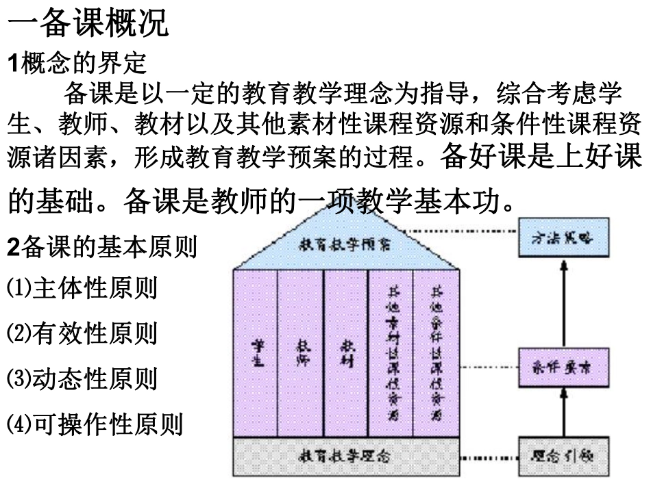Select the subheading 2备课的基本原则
click(x=101, y=247)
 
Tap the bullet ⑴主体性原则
click(x=82, y=288)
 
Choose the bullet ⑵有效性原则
click(x=82, y=333)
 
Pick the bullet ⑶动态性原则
click(x=82, y=378)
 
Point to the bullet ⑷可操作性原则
click(x=94, y=424)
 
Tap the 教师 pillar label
click(x=300, y=354)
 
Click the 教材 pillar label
click(x=345, y=354)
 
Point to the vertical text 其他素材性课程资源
click(x=391, y=354)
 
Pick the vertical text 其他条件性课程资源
click(x=435, y=354)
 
